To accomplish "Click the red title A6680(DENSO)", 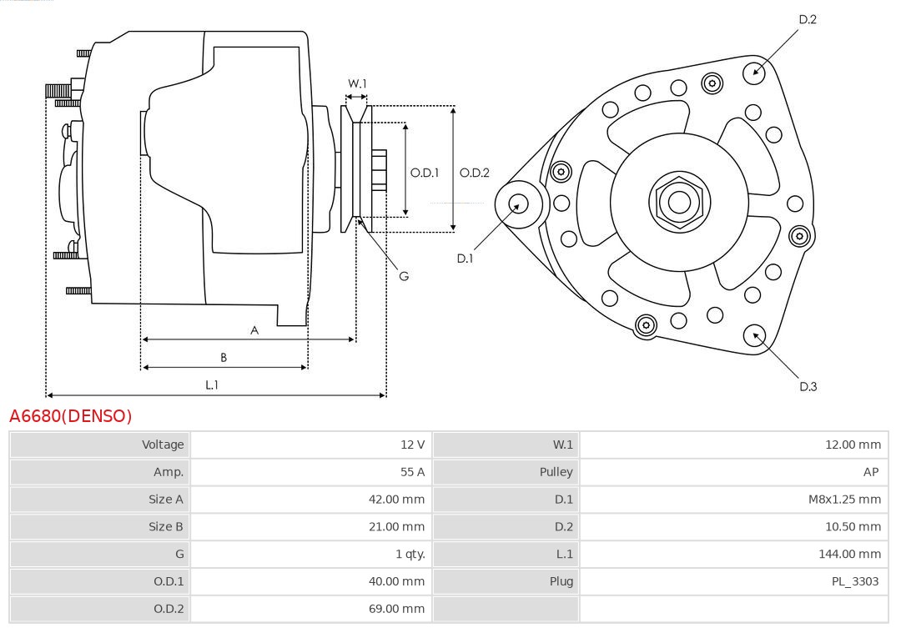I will (x=71, y=415).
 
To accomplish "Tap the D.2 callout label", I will (x=808, y=19).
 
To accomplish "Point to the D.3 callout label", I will (x=808, y=386).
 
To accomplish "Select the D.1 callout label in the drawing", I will (x=465, y=259).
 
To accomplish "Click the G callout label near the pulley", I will (x=404, y=276).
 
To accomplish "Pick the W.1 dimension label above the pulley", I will (x=357, y=83).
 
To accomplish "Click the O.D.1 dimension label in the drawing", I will (x=425, y=173).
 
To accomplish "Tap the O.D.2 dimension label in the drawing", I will (x=475, y=173).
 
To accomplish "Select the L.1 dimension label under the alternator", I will (x=212, y=384).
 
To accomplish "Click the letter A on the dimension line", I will (x=254, y=330).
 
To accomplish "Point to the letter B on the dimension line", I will (x=224, y=358).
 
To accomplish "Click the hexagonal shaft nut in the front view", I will (x=678, y=201).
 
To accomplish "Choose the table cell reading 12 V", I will (x=412, y=445).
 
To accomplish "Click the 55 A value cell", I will (x=412, y=472).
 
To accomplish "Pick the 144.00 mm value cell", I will (x=849, y=554).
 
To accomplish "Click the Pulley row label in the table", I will (x=556, y=472).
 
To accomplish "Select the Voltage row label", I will (x=163, y=445).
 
